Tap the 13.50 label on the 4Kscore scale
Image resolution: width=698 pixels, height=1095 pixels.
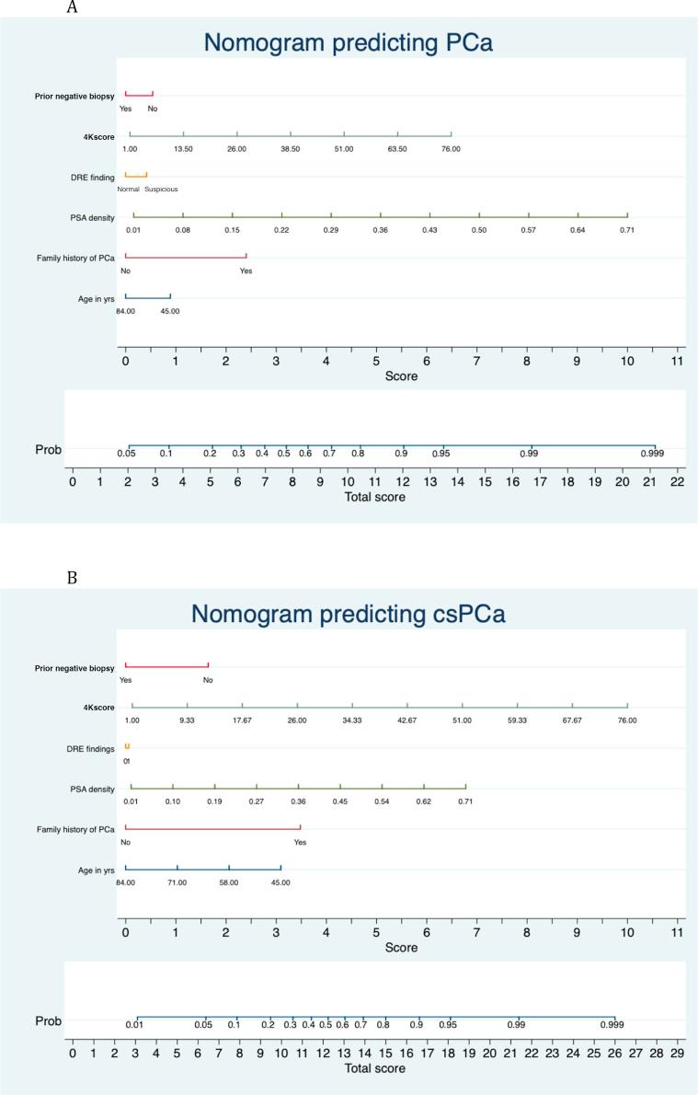pos(183,149)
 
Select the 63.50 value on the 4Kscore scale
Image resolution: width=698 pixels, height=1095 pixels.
pos(397,149)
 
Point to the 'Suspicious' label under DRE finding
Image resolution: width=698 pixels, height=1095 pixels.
pos(161,190)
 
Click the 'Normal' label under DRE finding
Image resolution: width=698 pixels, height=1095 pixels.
pos(127,190)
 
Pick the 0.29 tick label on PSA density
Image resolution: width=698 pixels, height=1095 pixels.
pos(331,230)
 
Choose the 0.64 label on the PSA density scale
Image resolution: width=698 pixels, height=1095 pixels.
pos(578,230)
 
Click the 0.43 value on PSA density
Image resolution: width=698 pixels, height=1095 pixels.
pos(429,230)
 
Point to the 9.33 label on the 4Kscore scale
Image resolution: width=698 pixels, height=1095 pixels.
pos(187,720)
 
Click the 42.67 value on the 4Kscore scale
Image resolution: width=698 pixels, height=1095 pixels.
pos(406,720)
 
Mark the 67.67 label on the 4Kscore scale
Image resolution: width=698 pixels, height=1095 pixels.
pos(572,720)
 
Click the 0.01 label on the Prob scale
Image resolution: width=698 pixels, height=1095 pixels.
pos(136,1024)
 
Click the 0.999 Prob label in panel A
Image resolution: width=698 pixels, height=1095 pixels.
pos(653,454)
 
